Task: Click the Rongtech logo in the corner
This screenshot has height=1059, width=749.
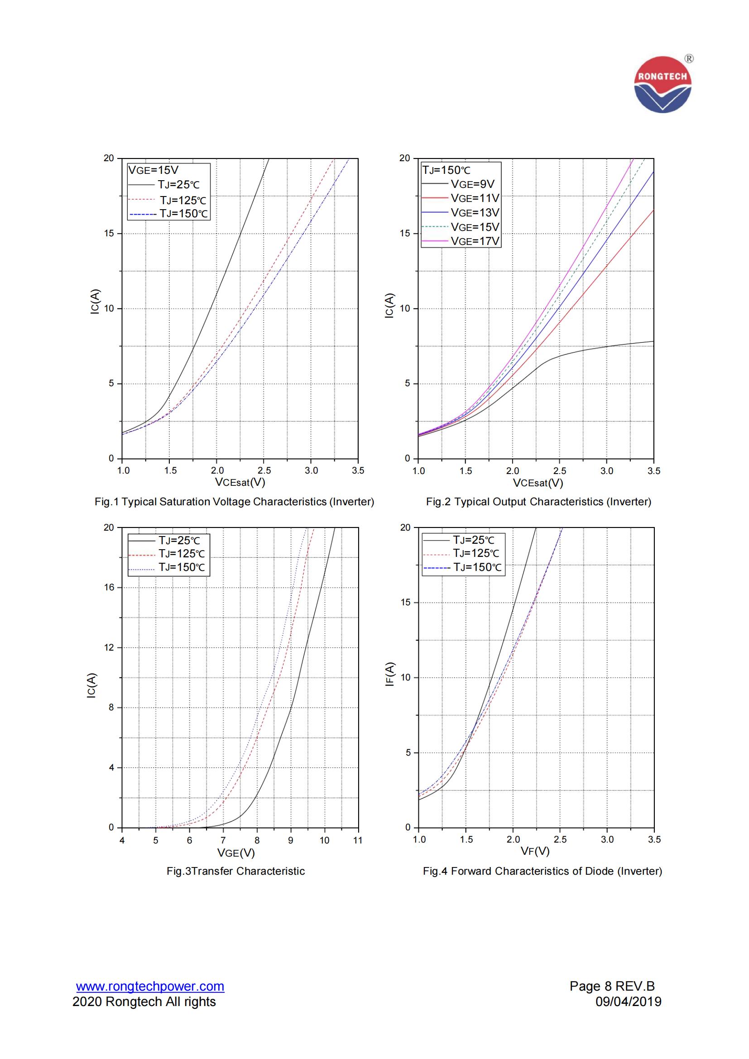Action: coord(663,84)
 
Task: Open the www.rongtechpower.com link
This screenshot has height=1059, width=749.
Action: coord(150,986)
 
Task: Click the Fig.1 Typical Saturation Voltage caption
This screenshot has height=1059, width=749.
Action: coord(234,502)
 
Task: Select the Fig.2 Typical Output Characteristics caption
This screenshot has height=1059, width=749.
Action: coord(538,502)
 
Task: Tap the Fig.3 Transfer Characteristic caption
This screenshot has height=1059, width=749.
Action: coord(235,871)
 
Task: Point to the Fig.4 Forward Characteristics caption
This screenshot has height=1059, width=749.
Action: coord(543,871)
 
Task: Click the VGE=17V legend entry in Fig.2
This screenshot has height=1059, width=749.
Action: coord(475,241)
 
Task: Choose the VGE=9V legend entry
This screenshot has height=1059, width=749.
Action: coord(472,184)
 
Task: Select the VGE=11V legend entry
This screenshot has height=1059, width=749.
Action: coord(475,198)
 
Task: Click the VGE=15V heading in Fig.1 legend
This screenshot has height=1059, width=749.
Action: coord(153,170)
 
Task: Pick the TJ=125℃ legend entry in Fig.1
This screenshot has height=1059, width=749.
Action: coord(183,200)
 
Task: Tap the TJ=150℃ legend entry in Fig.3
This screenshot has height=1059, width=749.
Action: coord(181,567)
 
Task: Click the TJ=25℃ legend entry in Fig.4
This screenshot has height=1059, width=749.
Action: coord(473,540)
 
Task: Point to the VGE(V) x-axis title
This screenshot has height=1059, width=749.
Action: coord(235,853)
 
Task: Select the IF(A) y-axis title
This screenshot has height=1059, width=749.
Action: coord(390,674)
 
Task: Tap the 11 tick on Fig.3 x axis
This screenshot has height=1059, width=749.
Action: coord(358,840)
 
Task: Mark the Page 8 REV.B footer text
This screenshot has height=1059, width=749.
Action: coord(612,986)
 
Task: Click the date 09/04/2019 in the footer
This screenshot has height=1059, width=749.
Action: coord(628,1002)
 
